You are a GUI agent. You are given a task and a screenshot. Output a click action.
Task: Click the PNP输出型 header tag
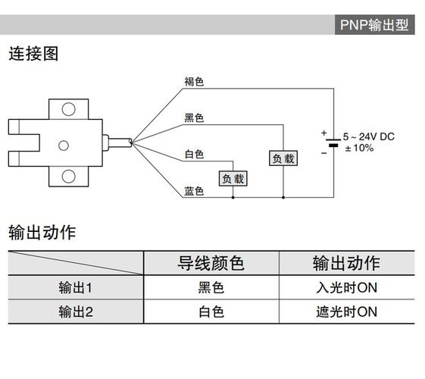point(374,24)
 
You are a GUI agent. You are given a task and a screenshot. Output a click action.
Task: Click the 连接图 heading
point(33,54)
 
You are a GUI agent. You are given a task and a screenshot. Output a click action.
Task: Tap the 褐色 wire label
point(194,82)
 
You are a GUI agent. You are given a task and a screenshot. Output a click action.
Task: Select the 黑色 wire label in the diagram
point(194,118)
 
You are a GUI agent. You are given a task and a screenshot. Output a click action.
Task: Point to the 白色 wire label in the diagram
point(194,154)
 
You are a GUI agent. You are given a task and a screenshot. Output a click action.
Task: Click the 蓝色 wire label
point(194,191)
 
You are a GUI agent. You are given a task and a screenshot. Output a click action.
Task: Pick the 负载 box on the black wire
point(283,158)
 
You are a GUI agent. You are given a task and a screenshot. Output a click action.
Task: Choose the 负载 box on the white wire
point(233,179)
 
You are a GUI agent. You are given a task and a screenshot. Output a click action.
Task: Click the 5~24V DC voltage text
point(368,136)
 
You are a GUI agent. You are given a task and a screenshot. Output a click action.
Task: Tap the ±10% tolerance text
point(359,148)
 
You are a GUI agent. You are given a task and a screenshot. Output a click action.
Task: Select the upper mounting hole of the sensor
point(68,109)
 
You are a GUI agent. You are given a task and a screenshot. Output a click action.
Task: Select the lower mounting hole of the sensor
point(68,177)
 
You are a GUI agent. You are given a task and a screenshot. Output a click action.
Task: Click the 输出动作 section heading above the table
point(42,232)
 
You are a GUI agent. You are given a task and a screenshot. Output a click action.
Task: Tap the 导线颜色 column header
point(211,263)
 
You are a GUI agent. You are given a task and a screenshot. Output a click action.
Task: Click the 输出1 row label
point(75,288)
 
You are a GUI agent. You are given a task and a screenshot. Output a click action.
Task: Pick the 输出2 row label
point(75,312)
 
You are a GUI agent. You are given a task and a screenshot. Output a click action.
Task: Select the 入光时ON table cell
point(346,288)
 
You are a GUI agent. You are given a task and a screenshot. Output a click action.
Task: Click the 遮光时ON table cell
point(346,312)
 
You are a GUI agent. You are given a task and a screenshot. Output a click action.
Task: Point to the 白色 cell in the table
point(211,312)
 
